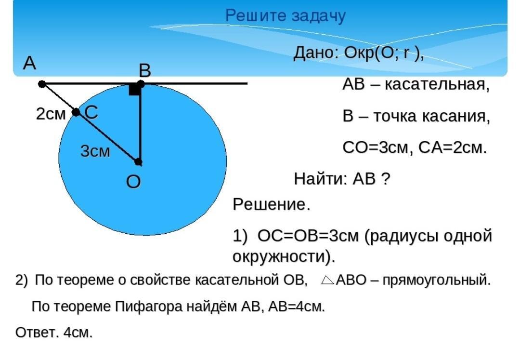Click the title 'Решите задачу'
coord(286,16)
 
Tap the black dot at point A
coord(42,84)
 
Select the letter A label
coord(29,63)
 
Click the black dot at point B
coord(141,83)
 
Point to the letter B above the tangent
coord(145,70)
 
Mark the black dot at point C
coord(76,112)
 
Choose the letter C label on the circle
coord(91,112)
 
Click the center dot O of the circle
coord(139,162)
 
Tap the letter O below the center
coord(133,182)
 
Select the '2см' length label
coord(51,114)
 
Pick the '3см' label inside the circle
coord(95,151)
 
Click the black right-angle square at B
coord(134,90)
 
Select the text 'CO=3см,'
coord(378,147)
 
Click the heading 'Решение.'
coord(272,204)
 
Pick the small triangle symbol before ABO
coord(328,280)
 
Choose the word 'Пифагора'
coord(149,307)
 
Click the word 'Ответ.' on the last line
coord(37,332)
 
